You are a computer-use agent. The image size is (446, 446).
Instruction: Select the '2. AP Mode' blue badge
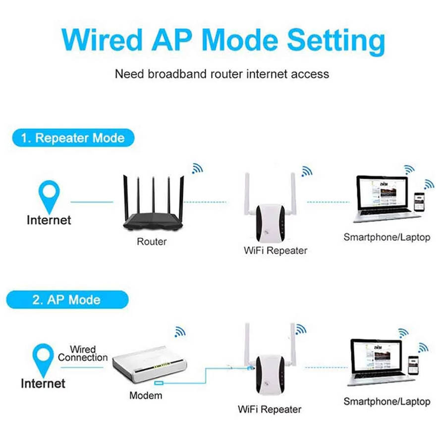(66, 300)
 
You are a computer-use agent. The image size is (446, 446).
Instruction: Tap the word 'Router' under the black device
(152, 242)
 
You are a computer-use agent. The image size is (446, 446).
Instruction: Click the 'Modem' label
(145, 395)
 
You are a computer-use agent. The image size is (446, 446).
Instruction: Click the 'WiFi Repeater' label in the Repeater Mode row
(275, 250)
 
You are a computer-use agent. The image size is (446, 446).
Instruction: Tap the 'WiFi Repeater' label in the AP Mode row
(269, 409)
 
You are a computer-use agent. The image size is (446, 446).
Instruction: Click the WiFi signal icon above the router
(197, 168)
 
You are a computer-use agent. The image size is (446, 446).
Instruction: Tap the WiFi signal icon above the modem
(179, 332)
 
